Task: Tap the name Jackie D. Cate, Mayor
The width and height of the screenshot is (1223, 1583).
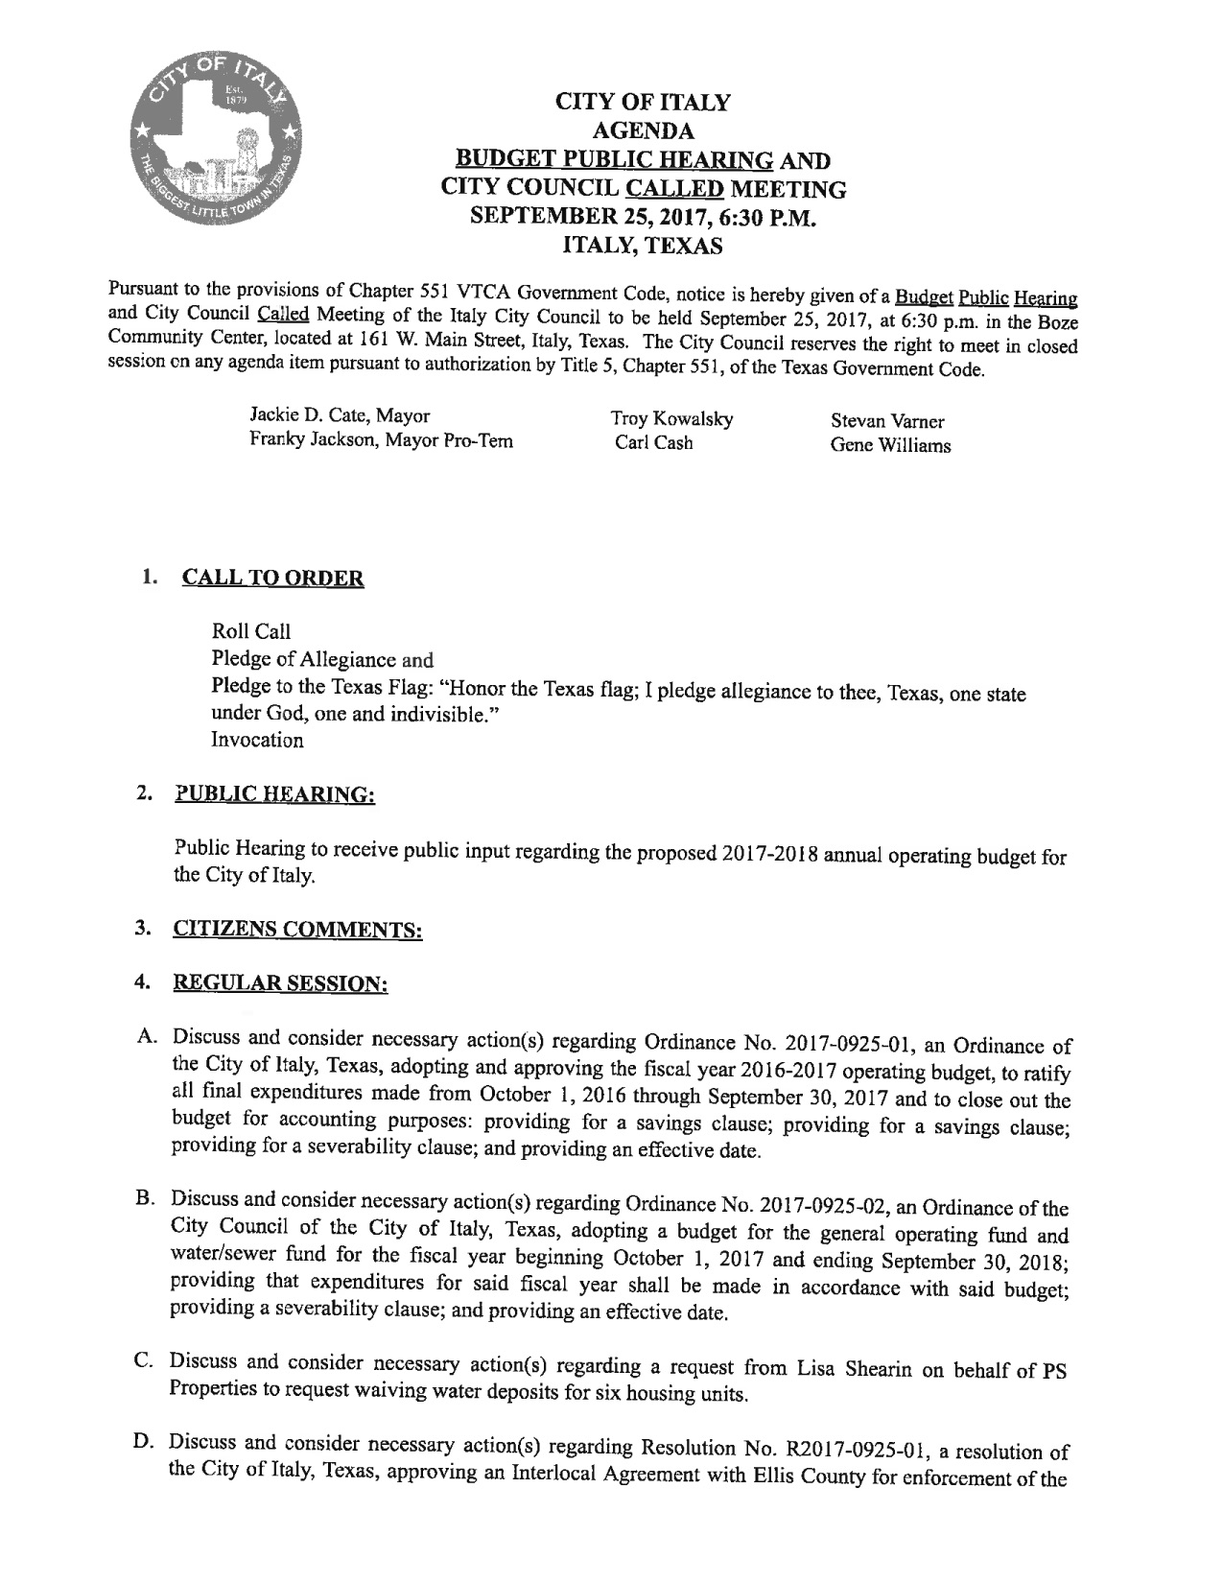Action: [340, 416]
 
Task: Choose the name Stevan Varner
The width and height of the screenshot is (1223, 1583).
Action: [887, 421]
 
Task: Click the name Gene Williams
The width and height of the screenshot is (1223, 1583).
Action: [890, 445]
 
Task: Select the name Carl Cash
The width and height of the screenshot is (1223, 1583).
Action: [654, 443]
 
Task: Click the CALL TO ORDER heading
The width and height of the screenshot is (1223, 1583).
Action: [272, 579]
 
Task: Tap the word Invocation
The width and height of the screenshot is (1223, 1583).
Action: [257, 741]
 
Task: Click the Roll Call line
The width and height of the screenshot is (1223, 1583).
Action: [250, 631]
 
